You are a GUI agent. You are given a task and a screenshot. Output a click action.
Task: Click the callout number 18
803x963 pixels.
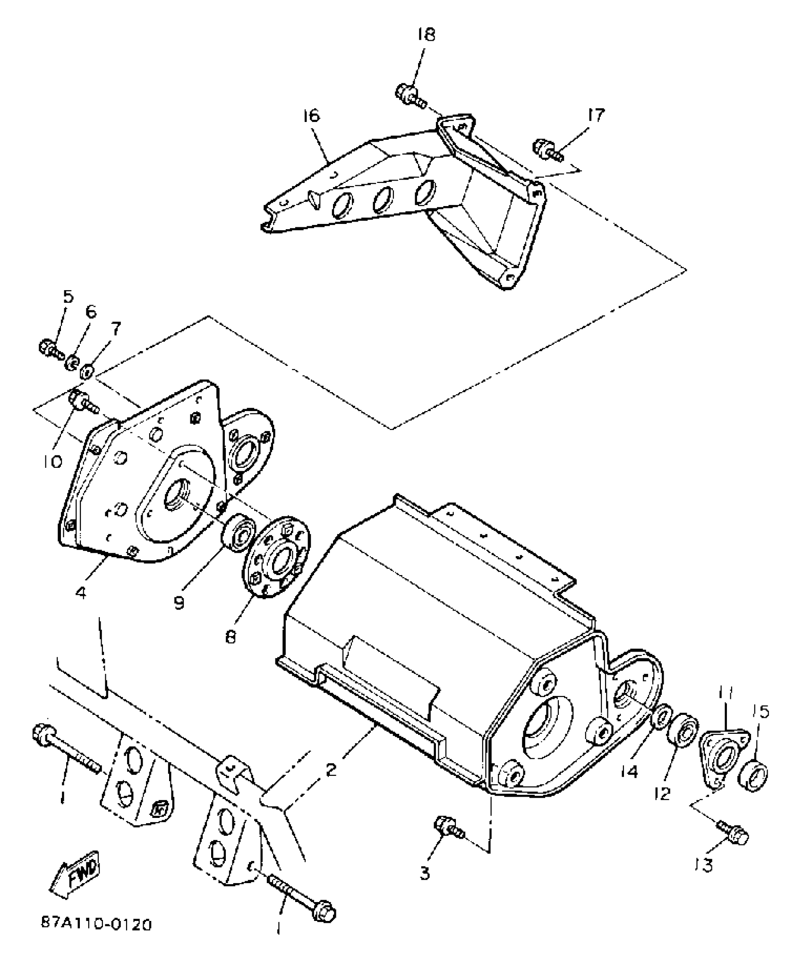click(426, 35)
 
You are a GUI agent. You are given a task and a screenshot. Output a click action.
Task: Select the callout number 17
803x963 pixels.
click(596, 115)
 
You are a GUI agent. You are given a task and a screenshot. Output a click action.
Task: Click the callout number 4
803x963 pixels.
click(81, 593)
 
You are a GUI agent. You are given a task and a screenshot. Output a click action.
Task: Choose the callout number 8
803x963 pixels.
click(230, 637)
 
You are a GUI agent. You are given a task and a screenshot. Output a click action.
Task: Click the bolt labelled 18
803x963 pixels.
click(410, 95)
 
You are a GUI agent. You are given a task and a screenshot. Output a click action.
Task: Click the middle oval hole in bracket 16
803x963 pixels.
click(383, 199)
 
